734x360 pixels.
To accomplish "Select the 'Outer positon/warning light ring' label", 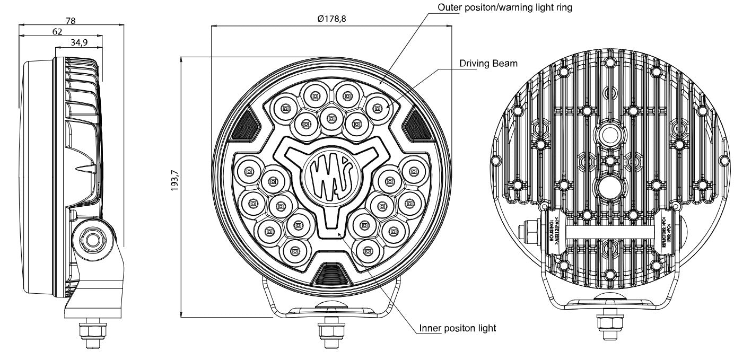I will pyautogui.click(x=504, y=8).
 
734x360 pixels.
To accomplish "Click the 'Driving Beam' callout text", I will pyautogui.click(x=488, y=64).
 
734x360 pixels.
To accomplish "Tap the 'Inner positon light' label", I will pyautogui.click(x=457, y=328).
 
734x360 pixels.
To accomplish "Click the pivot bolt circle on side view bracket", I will pyautogui.click(x=94, y=239).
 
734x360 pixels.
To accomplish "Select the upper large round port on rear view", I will pyautogui.click(x=609, y=136).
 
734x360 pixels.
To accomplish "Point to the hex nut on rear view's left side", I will pyautogui.click(x=530, y=232).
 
